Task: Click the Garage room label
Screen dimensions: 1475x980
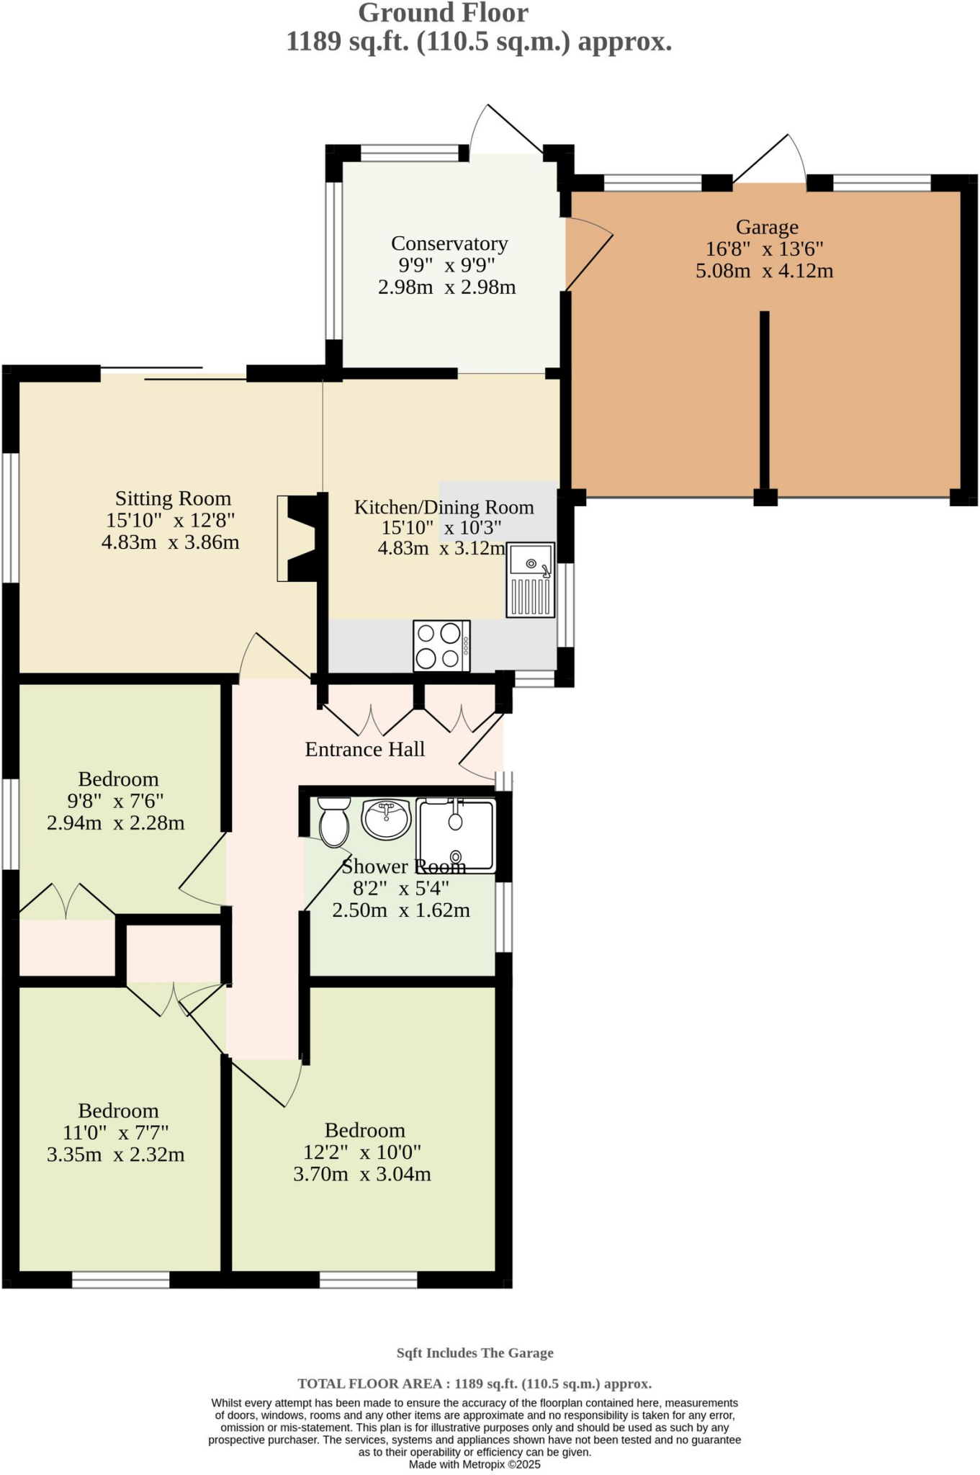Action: pos(767,228)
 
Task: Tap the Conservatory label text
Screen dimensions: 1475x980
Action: pos(449,243)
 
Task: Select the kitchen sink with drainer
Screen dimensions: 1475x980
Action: pos(531,580)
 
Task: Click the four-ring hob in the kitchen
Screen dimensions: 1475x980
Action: pos(441,645)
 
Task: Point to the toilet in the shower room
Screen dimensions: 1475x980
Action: pos(333,822)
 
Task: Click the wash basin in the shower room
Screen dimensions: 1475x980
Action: pos(387,819)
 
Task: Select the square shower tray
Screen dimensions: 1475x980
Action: pos(457,835)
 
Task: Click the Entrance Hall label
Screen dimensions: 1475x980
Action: pos(364,750)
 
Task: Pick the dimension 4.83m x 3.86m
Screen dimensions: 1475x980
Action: pos(171,542)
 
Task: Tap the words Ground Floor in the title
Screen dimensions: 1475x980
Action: pos(443,13)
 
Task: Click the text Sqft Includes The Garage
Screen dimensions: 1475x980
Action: pos(475,1353)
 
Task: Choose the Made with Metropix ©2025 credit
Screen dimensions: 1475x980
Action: pos(475,1464)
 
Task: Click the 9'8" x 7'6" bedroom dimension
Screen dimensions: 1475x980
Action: pos(115,801)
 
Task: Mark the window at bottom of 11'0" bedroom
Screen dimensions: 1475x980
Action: pos(120,1280)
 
